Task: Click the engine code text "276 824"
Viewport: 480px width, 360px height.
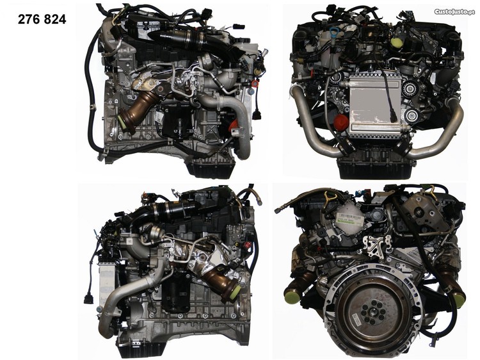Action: (42, 20)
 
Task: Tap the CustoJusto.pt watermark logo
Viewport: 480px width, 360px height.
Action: (455, 12)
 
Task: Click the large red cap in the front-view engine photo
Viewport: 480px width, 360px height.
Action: (341, 122)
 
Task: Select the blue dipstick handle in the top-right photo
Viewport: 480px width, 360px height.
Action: (335, 33)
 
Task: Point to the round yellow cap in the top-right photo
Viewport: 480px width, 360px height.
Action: (397, 42)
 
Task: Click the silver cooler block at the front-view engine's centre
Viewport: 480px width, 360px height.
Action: (374, 106)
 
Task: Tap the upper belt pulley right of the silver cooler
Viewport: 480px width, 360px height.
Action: (409, 88)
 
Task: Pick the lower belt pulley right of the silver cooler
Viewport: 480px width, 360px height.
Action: (411, 116)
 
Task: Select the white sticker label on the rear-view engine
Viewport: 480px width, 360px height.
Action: (350, 220)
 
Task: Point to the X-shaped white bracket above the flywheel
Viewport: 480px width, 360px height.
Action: (377, 245)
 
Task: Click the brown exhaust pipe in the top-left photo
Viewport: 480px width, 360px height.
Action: (135, 110)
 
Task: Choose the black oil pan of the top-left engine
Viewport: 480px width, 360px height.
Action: (211, 168)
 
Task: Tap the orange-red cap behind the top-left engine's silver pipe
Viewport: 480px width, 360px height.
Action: (233, 125)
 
